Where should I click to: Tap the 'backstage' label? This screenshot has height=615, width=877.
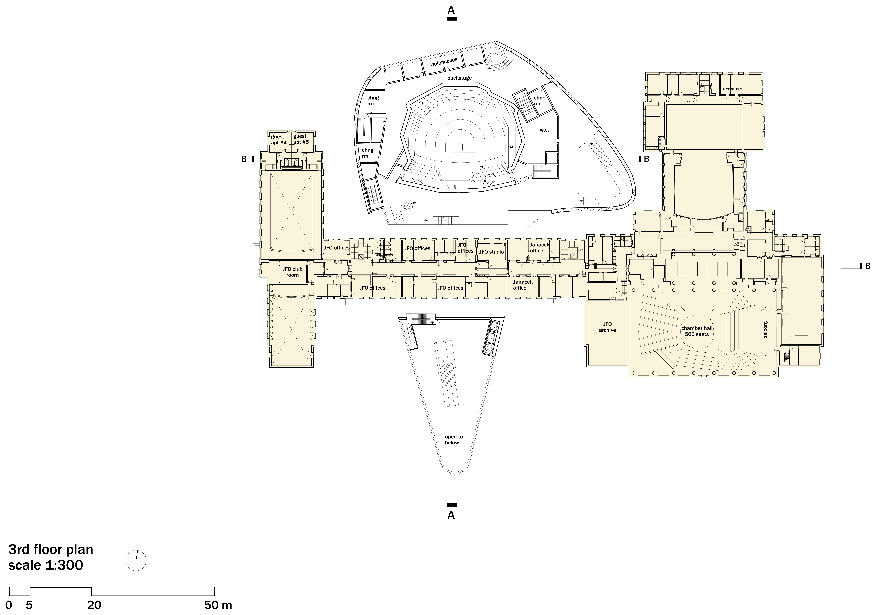pos(460,78)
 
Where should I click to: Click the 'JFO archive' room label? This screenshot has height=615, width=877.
pos(607,327)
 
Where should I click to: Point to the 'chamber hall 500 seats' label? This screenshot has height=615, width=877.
pos(697,331)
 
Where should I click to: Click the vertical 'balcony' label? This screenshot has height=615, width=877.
pos(765,329)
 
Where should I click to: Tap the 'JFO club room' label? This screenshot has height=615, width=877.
pos(293,272)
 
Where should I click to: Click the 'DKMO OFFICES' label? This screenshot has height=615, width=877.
pos(732,89)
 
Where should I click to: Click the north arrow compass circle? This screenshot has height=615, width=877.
pos(136,561)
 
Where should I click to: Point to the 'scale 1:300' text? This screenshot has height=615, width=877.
pos(46,565)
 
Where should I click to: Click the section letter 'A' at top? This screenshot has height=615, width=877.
pos(451,10)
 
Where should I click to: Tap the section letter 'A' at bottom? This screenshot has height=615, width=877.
pos(451,515)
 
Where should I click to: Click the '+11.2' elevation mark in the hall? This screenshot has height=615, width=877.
pos(419,103)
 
